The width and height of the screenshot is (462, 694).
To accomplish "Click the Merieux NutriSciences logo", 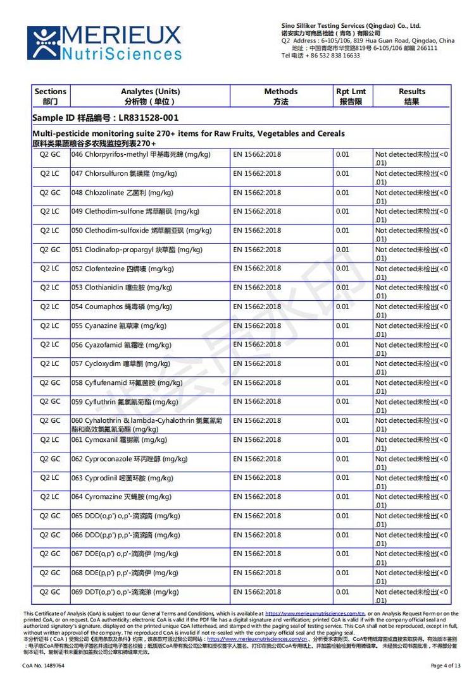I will tap(104, 43).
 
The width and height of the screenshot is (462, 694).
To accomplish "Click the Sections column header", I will tap(50, 96).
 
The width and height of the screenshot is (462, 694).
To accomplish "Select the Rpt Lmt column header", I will tap(351, 96).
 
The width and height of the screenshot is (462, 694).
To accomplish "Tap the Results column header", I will tap(411, 96).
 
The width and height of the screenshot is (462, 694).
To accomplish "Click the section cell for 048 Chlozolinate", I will tap(50, 192).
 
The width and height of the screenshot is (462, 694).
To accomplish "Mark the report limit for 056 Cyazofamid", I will tap(342, 344).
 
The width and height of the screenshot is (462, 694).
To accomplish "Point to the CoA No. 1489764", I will tap(44, 666).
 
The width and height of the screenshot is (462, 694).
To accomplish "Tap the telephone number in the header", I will tap(321, 56).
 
